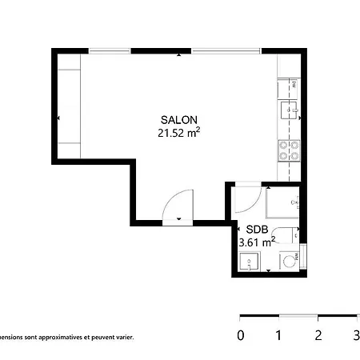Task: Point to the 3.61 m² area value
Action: [257, 240]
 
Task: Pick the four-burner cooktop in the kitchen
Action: [288, 150]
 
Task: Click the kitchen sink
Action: [288, 109]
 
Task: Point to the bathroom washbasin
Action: [249, 261]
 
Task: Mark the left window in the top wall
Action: [110, 51]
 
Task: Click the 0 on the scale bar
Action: [240, 336]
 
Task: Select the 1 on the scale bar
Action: [279, 336]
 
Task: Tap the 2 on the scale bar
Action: [318, 336]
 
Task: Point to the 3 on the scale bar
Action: [356, 336]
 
